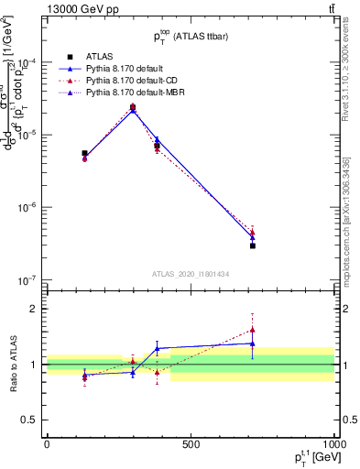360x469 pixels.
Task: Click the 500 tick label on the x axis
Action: [x=191, y=444]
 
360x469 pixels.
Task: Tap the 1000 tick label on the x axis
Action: [x=333, y=444]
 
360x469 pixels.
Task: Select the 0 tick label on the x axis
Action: [x=47, y=444]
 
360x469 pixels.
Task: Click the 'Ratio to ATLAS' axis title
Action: [x=13, y=364]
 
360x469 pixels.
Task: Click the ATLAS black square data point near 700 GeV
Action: [x=252, y=245]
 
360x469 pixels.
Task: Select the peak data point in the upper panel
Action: [x=133, y=107]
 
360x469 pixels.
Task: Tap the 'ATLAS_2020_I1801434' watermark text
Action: [x=191, y=273]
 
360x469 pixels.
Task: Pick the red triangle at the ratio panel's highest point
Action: [x=252, y=330]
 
